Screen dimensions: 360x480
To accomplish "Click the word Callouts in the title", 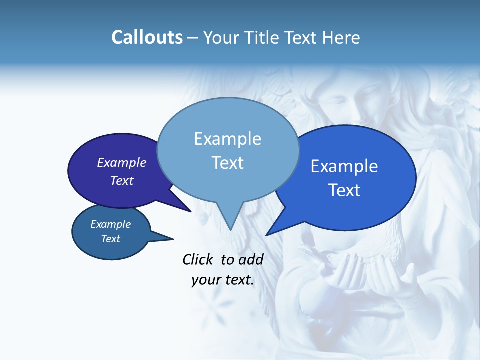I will (147, 37).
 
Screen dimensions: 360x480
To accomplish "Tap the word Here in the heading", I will (341, 37).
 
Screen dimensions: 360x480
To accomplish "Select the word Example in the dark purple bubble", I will (122, 162).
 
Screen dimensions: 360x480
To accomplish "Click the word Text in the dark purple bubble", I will (122, 180).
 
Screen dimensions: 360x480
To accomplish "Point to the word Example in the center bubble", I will (227, 139).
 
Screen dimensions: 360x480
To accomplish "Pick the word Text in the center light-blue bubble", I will (227, 163).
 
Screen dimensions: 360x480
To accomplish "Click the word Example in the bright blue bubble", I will (344, 166).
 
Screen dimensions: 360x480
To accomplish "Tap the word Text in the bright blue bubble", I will (344, 190).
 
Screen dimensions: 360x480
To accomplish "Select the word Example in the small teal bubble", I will (111, 224).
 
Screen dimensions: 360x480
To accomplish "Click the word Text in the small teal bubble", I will (111, 239).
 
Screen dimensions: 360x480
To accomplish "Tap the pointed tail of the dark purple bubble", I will (189, 210).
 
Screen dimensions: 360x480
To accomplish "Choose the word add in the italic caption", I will (251, 259).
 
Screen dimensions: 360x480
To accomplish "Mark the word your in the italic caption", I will (205, 280).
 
